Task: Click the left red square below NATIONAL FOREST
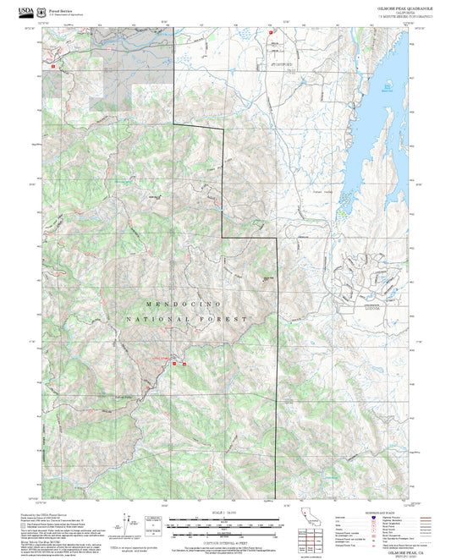pyautogui.click(x=174, y=363)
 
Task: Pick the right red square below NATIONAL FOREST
pyautogui.click(x=184, y=363)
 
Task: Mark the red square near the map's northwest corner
pyautogui.click(x=53, y=64)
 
